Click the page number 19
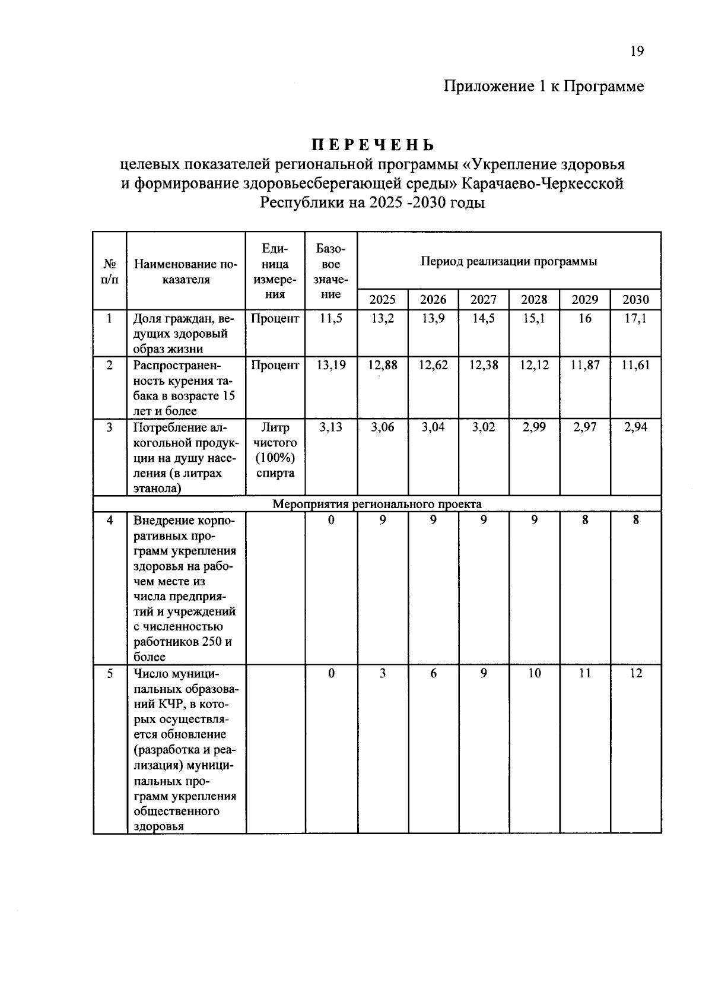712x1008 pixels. pos(636,51)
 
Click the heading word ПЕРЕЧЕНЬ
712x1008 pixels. pos(373,145)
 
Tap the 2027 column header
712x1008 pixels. pos(483,300)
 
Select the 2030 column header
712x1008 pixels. pos(635,300)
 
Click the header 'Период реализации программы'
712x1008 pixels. pos(508,261)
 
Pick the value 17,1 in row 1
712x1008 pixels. pos(635,319)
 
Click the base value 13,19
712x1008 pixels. pos(330,365)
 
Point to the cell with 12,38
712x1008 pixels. pos(483,365)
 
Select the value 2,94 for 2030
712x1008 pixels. pos(635,427)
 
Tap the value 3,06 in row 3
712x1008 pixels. pos(382,427)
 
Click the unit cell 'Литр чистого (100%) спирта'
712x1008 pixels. pos(275,450)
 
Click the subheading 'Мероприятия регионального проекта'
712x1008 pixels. pos(377,505)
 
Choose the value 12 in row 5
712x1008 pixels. pos(635,673)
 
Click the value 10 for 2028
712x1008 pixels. pos(534,673)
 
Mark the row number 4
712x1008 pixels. pos(110,520)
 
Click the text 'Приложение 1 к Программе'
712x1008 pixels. pos(543,87)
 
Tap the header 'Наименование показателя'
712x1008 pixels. pos(186,272)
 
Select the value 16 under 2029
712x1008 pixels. pos(584,319)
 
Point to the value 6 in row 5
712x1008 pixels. pos(433,673)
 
